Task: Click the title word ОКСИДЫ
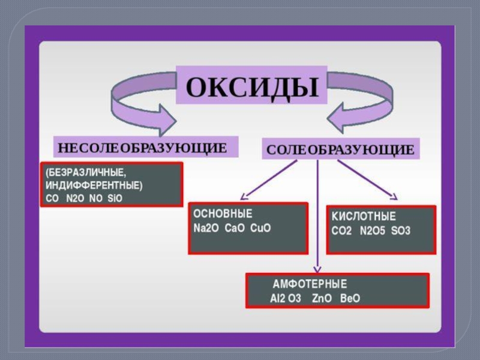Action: click(x=251, y=86)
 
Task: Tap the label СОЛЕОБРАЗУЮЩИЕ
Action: click(x=340, y=149)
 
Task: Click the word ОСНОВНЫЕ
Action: click(x=223, y=214)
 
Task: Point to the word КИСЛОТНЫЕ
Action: click(x=364, y=217)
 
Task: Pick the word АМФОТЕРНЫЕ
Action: click(x=310, y=284)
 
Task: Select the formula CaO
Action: click(x=236, y=228)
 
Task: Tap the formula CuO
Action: click(x=261, y=228)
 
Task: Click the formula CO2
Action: click(x=342, y=231)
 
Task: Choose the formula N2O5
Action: click(x=373, y=231)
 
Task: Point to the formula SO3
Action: click(x=401, y=231)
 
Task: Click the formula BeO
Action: click(x=350, y=298)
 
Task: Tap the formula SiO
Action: click(x=114, y=197)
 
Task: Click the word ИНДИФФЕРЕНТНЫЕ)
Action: click(x=94, y=185)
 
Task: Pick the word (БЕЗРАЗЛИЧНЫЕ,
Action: click(x=86, y=173)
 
